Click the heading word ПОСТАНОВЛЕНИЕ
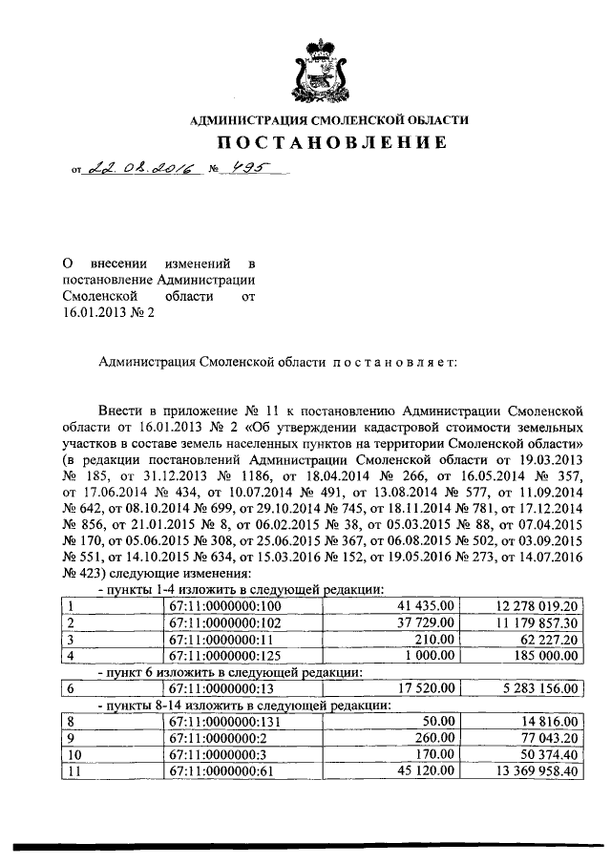click(329, 143)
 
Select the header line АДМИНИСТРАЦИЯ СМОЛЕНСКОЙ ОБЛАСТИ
click(329, 121)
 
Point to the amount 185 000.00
click(543, 657)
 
